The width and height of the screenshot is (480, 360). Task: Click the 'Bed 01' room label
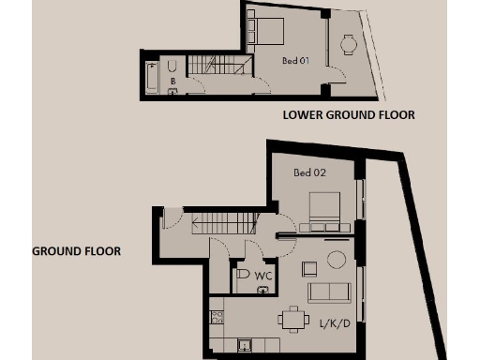(x=295, y=61)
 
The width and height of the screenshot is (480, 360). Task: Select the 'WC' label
(x=263, y=276)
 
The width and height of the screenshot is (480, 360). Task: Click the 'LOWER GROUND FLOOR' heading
(x=349, y=115)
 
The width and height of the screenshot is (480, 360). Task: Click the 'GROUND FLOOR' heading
(x=76, y=251)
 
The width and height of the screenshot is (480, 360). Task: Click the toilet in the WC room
(x=243, y=275)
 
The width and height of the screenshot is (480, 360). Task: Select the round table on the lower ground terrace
(x=349, y=43)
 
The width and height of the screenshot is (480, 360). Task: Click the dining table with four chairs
(x=293, y=320)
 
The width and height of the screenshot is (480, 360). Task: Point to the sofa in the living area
(x=328, y=292)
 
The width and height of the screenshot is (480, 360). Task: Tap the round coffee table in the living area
(x=336, y=259)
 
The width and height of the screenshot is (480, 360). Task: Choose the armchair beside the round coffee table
(x=309, y=268)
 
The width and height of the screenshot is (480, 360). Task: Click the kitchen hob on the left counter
(x=216, y=319)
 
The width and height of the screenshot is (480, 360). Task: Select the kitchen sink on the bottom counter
(x=245, y=345)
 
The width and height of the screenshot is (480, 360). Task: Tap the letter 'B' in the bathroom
(x=172, y=82)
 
